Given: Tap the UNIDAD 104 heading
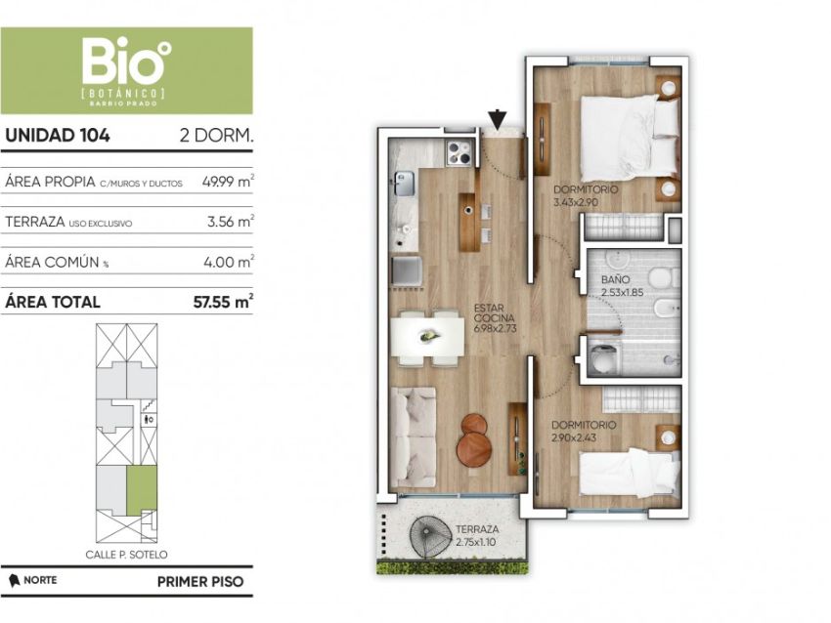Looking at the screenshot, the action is coord(58,136).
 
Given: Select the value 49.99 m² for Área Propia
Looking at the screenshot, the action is coord(228,181).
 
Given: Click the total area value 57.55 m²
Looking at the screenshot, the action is coord(223,302).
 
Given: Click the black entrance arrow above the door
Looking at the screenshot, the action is coord(497,119).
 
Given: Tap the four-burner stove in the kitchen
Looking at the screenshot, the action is coord(459,153).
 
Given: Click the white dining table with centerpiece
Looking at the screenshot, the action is coord(427,336).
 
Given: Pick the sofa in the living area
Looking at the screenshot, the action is coord(413,436).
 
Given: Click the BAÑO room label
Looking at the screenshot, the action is coord(615,279).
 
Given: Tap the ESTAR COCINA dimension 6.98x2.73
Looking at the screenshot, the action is coord(495,328).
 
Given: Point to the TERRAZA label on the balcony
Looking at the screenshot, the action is coord(477,529).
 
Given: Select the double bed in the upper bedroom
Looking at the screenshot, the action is coord(630,137).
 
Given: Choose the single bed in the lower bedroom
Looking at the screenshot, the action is coord(630,473).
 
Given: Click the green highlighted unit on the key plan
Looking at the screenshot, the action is coord(142,489).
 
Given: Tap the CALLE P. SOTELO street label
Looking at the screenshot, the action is coord(126,555).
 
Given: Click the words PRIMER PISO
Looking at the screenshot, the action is coord(200,582).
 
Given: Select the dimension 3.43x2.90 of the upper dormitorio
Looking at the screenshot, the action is coord(576,202).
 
